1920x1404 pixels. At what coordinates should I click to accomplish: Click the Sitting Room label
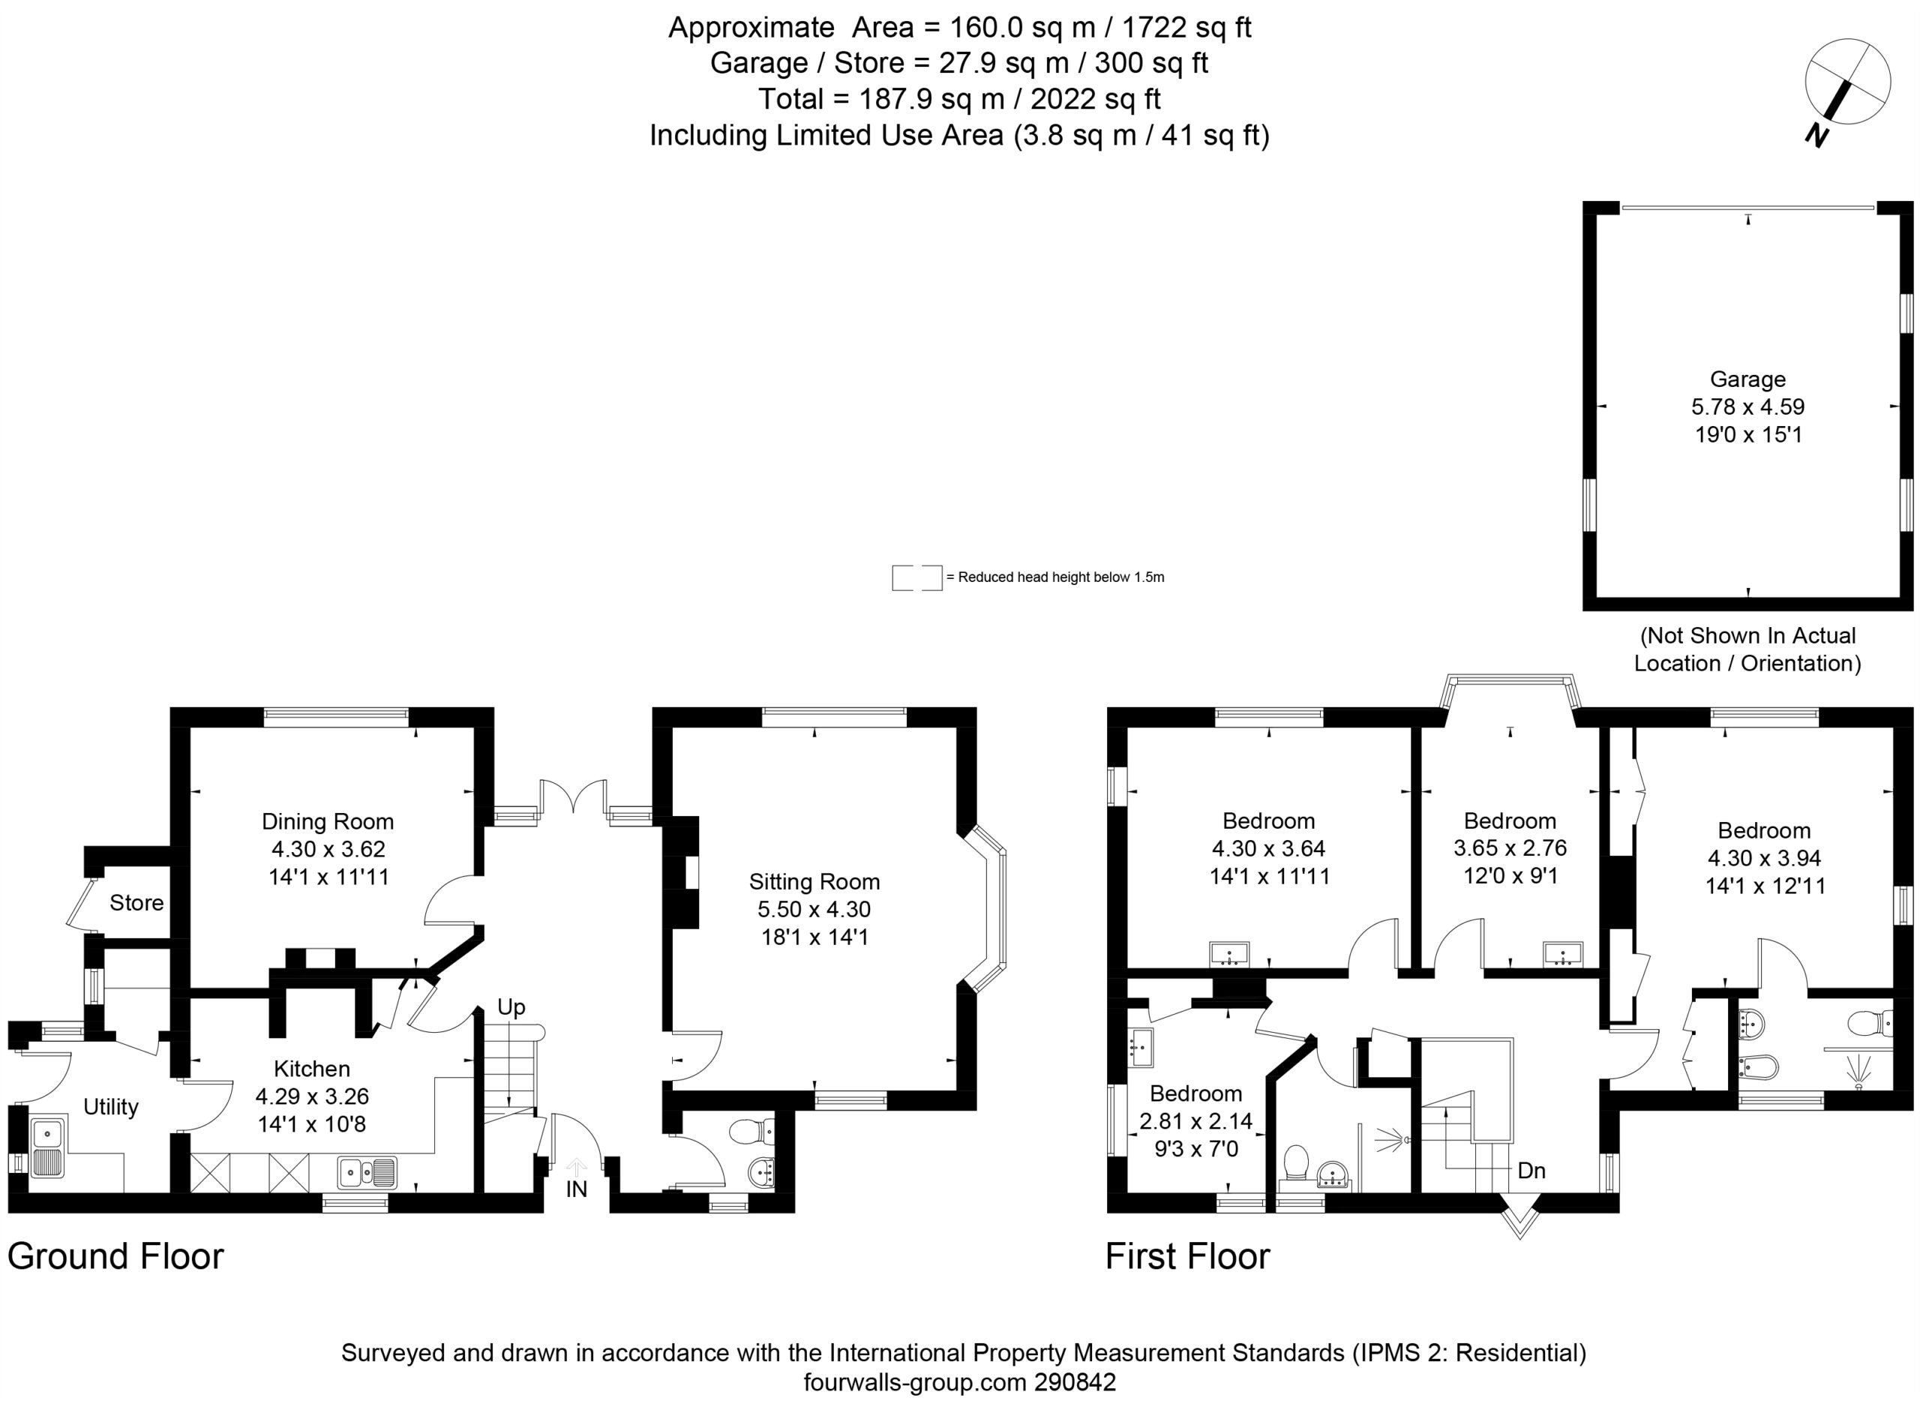814,881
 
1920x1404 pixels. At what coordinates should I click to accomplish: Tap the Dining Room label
327,821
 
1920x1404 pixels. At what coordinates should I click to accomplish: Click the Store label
136,902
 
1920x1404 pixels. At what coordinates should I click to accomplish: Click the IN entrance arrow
576,1167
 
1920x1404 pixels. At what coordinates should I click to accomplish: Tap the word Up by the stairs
511,1008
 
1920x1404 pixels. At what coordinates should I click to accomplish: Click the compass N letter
1816,135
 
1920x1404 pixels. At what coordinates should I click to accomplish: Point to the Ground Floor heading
115,1256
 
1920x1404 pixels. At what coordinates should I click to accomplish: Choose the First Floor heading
1187,1256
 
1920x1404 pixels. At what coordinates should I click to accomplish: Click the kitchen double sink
367,1173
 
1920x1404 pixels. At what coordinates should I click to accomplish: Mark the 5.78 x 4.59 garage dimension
1747,407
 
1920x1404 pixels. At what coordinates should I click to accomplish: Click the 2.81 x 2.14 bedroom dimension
1195,1121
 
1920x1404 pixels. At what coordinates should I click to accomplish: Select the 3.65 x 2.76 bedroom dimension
1510,847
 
